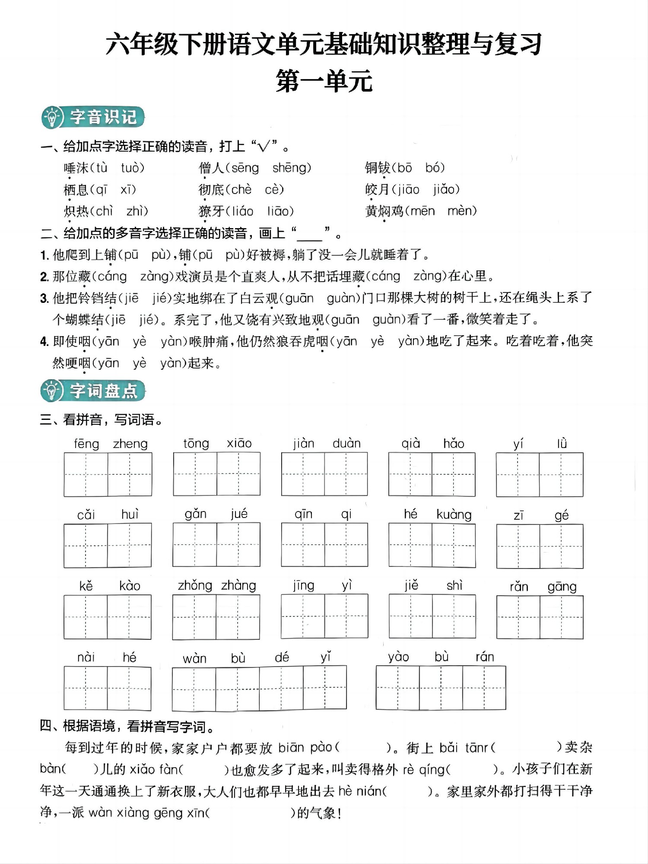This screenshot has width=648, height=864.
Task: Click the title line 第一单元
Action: tap(324, 81)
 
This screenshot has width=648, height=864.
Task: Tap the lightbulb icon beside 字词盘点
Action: tap(51, 391)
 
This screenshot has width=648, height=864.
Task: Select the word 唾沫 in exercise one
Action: tap(76, 168)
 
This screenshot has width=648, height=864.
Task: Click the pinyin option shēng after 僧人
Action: tap(291, 168)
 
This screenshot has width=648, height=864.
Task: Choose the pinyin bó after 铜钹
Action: tap(435, 168)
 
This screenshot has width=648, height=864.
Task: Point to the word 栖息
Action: tap(76, 189)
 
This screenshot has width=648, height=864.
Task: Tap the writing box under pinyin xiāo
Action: tap(238, 474)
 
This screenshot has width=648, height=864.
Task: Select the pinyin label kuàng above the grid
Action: tap(454, 515)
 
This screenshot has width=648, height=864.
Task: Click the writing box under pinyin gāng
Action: tap(561, 617)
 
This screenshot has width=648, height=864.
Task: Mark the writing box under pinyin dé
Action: tap(281, 688)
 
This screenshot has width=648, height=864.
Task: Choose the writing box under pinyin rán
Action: tap(484, 688)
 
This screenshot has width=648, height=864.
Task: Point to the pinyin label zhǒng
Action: tap(195, 586)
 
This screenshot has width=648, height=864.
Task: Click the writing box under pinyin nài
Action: tap(86, 688)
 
